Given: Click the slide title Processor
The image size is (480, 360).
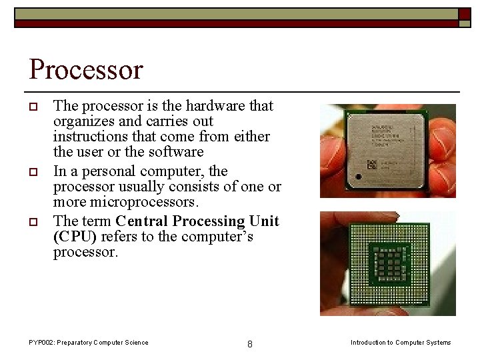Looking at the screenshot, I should [x=86, y=69].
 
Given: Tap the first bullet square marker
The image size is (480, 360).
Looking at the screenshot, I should [x=33, y=107].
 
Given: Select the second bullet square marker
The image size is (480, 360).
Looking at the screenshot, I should [x=33, y=173].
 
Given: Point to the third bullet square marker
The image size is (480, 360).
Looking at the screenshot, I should [x=33, y=223].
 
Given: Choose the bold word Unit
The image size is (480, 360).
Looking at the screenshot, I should [x=264, y=221].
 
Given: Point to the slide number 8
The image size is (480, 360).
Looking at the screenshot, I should [x=249, y=344].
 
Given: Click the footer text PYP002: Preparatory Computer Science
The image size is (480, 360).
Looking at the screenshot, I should [x=89, y=343].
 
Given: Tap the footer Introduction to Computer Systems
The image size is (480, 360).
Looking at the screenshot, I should [x=401, y=343].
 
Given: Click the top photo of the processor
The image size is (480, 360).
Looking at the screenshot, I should [x=388, y=151].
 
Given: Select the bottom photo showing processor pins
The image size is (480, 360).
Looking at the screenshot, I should [x=388, y=263].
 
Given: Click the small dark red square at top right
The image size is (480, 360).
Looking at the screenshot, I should [x=465, y=14].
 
